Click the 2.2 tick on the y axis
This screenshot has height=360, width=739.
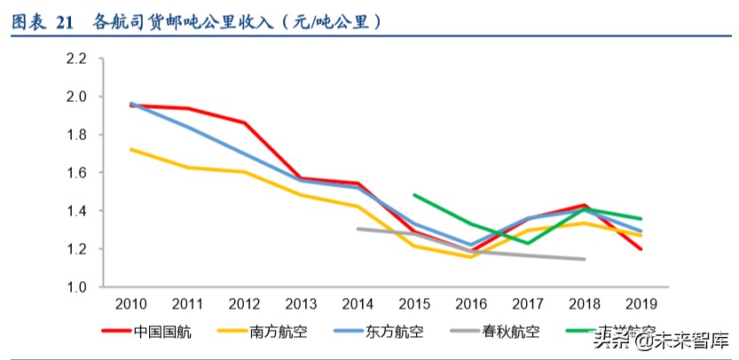tap(75, 59)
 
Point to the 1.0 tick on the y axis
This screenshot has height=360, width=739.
tap(75, 287)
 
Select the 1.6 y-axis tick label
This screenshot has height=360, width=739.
tap(75, 173)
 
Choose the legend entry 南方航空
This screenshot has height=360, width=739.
tap(279, 333)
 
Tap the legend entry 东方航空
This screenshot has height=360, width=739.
tap(395, 333)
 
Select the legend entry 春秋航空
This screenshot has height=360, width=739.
tap(511, 333)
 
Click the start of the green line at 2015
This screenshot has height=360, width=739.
tap(414, 195)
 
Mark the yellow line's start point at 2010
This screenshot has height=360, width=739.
tap(131, 149)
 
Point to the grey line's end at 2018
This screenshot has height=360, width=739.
tap(584, 259)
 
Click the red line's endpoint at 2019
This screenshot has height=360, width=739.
tap(641, 249)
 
